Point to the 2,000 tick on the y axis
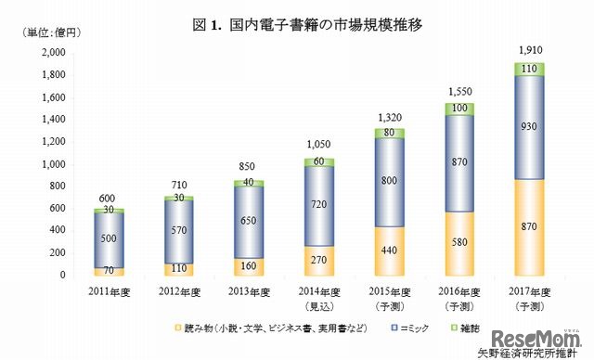tap(28, 53)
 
